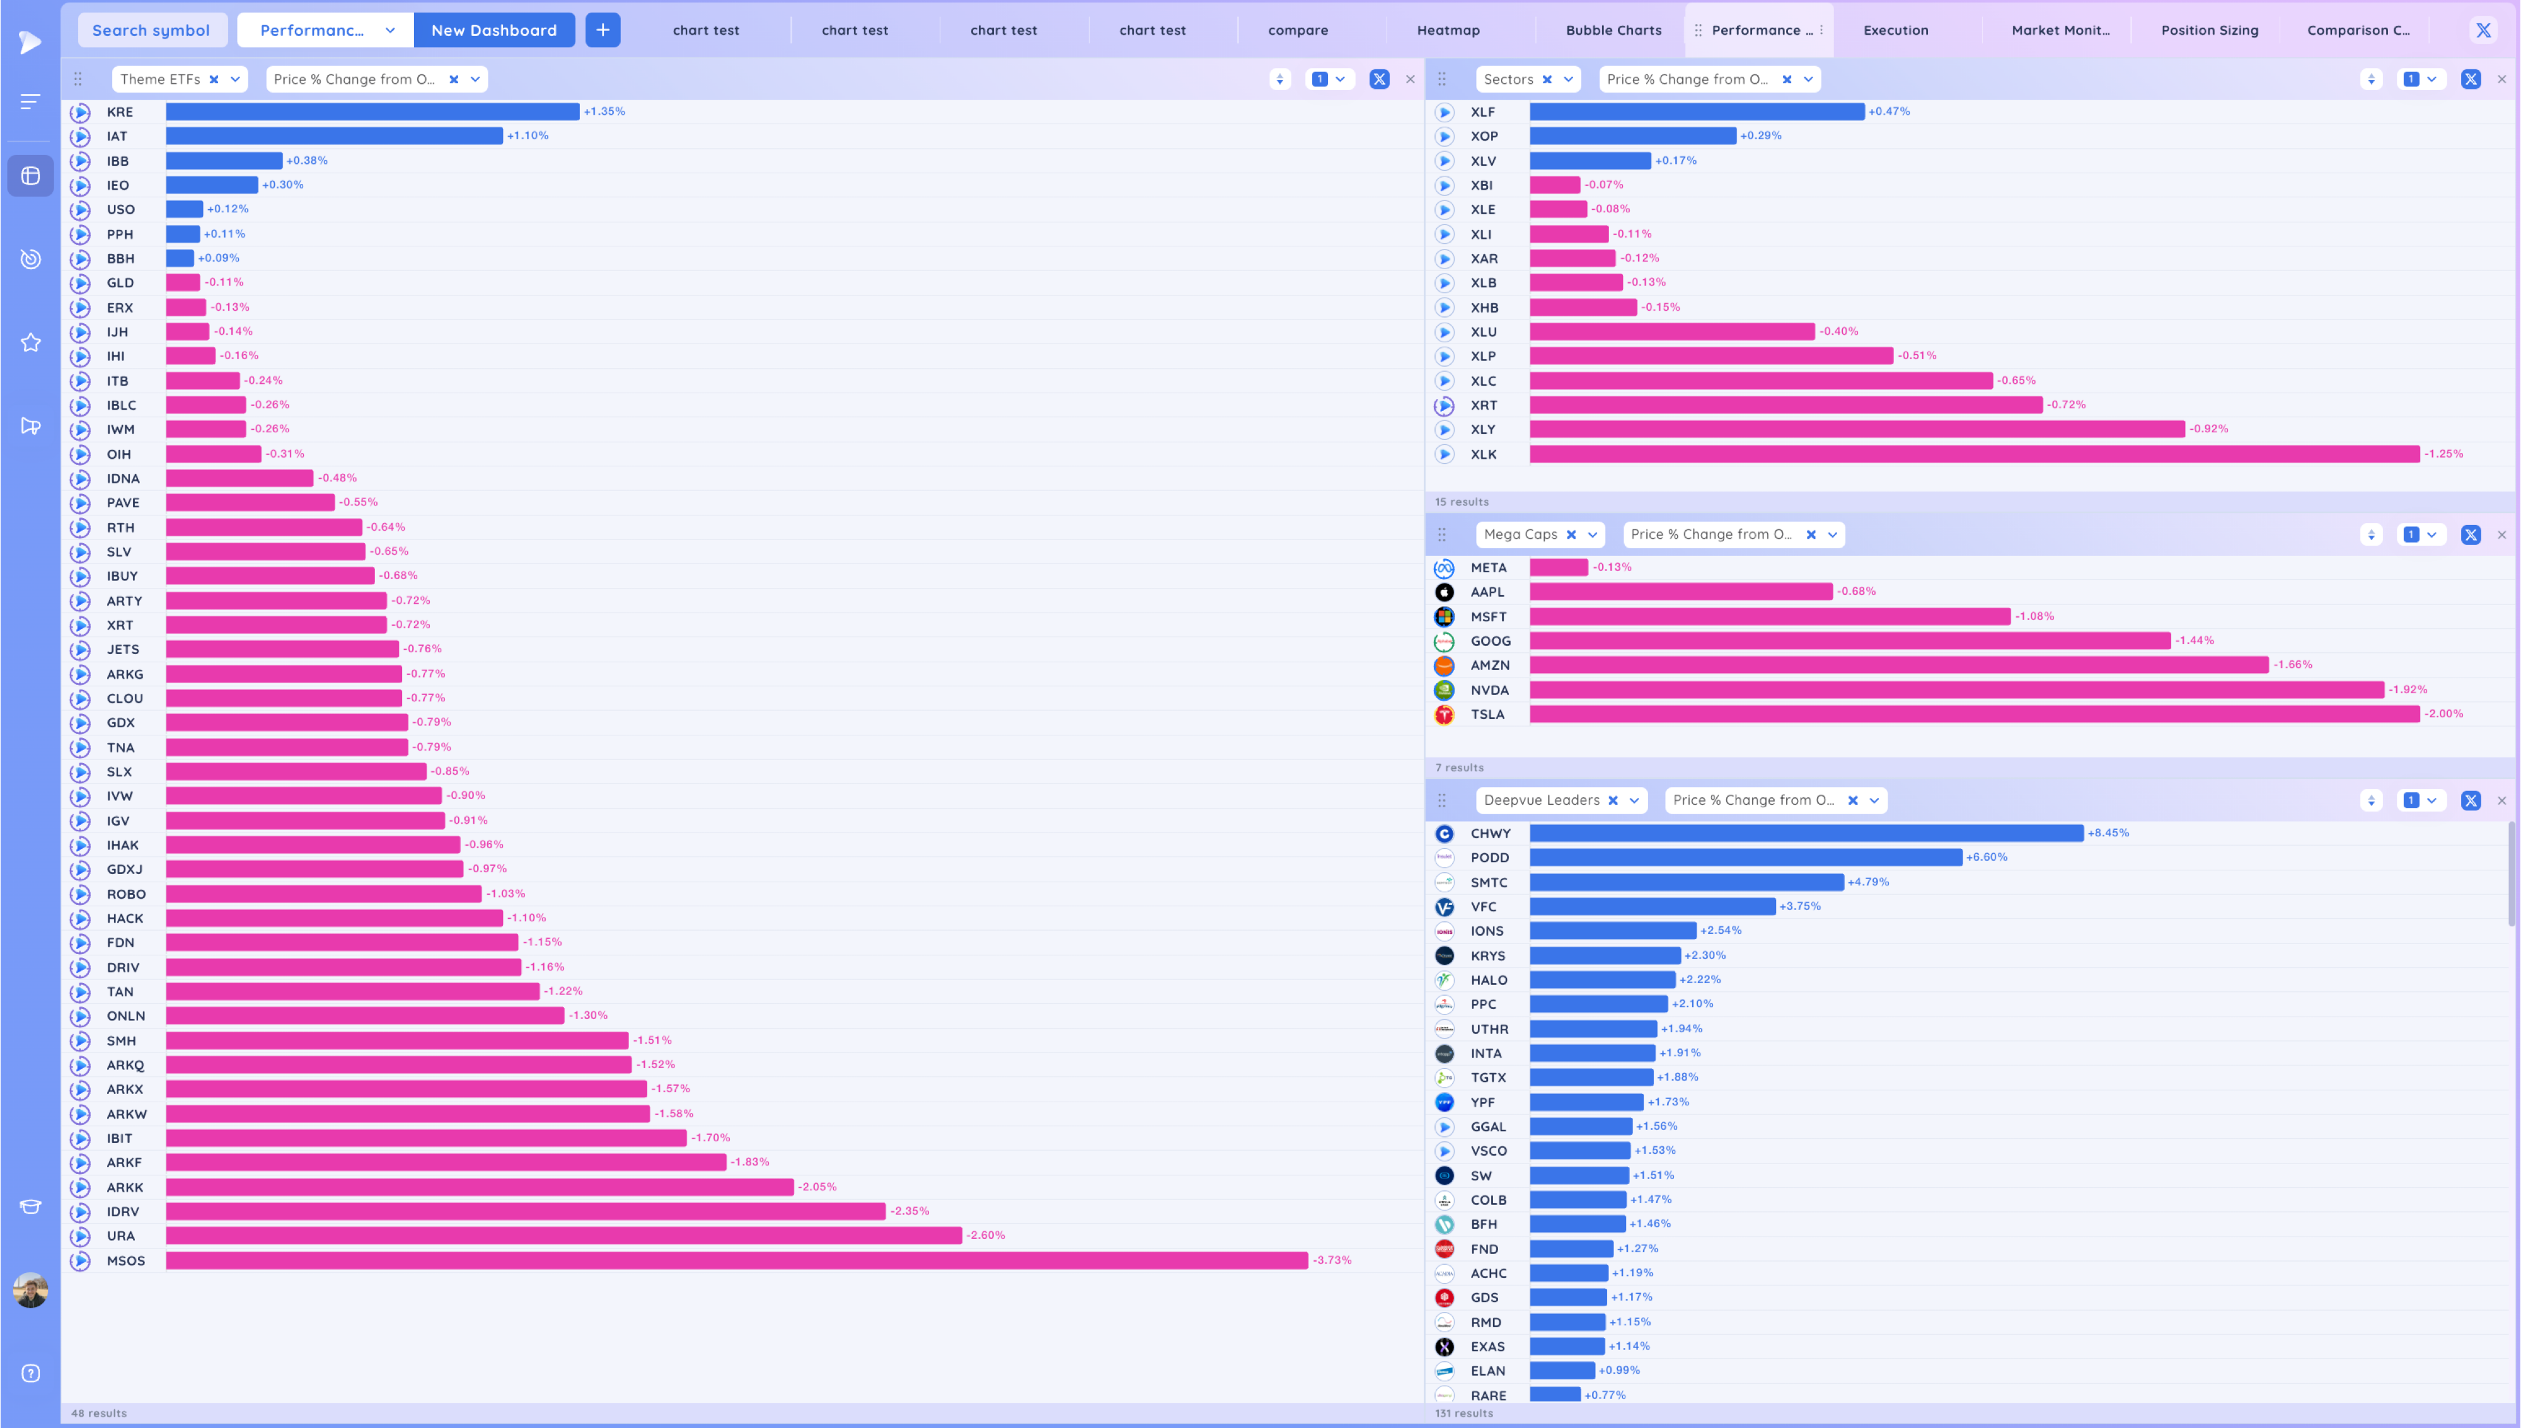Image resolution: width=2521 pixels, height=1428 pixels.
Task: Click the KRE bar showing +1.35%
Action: click(x=372, y=112)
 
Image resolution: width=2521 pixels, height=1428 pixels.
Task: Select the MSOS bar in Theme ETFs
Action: click(x=736, y=1260)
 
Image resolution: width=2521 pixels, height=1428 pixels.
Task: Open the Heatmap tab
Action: click(x=1447, y=30)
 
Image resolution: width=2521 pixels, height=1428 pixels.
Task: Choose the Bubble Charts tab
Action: click(x=1613, y=30)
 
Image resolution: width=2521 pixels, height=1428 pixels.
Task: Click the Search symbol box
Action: click(x=151, y=30)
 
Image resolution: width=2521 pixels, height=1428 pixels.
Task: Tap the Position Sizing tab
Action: click(x=2209, y=30)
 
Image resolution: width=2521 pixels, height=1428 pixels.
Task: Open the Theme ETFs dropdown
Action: click(x=235, y=79)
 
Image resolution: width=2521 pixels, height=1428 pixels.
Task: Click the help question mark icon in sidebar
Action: click(x=30, y=1373)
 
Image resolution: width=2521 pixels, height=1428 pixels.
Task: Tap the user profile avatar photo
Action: click(x=30, y=1290)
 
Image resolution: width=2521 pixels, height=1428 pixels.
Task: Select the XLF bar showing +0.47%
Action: click(x=1697, y=112)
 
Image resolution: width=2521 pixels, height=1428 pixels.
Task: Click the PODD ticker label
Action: click(x=1489, y=857)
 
